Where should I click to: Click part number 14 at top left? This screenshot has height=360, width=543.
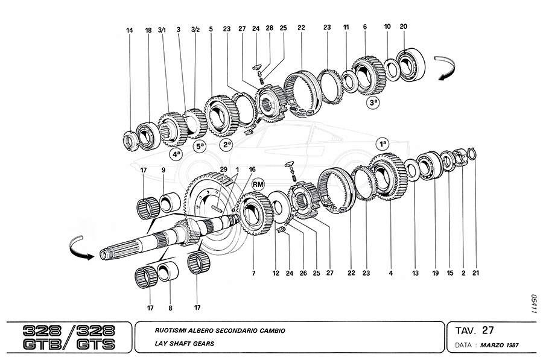129,30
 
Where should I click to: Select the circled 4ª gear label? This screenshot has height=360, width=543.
176,154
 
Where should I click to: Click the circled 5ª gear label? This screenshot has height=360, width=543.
200,146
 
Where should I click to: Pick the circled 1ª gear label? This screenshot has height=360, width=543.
382,144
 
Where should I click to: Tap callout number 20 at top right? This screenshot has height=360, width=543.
404,27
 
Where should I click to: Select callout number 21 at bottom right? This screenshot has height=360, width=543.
476,273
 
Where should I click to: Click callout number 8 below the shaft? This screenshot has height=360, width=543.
170,308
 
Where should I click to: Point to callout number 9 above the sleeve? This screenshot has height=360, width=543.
163,170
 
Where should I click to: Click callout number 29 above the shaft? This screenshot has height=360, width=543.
224,170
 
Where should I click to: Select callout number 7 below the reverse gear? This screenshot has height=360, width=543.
254,273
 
